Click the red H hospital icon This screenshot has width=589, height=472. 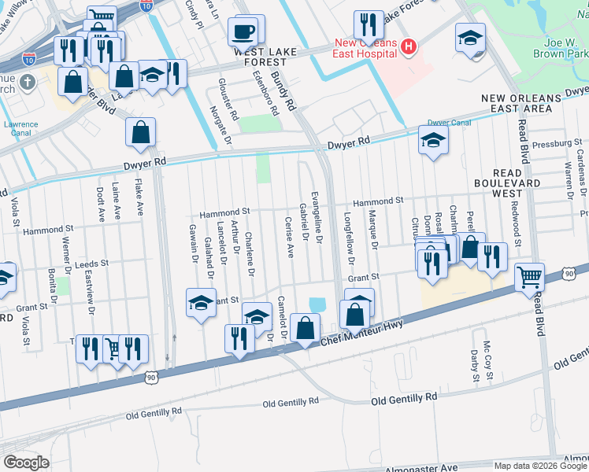(x=408, y=46)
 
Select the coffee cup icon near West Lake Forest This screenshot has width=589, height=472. (x=243, y=32)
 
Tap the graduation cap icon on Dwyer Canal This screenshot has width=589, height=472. (x=432, y=142)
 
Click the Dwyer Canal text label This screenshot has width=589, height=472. (x=449, y=123)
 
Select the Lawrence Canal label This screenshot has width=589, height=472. (x=20, y=130)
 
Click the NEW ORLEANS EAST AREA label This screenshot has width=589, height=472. (x=528, y=102)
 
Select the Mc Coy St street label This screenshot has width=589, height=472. (x=488, y=360)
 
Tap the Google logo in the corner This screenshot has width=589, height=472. (x=26, y=463)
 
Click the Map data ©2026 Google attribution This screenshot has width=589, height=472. (x=539, y=466)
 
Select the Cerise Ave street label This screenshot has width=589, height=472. (x=290, y=239)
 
